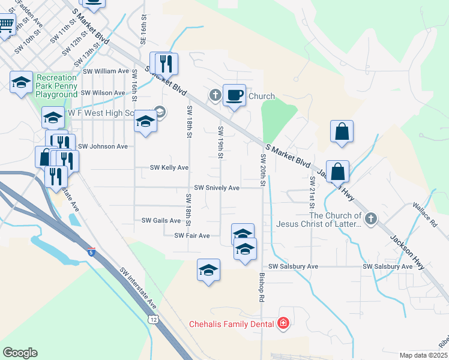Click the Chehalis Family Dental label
232,324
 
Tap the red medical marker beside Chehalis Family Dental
283,324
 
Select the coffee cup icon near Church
234,94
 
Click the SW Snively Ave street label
215,188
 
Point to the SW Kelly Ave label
169,167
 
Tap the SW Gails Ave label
161,220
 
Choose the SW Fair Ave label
191,236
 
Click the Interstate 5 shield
91,253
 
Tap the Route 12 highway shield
154,320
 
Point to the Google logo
20,353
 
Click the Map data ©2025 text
424,355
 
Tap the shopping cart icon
6,25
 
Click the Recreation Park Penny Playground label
56,86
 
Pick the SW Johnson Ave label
103,146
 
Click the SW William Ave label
106,71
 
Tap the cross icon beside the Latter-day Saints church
370,219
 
